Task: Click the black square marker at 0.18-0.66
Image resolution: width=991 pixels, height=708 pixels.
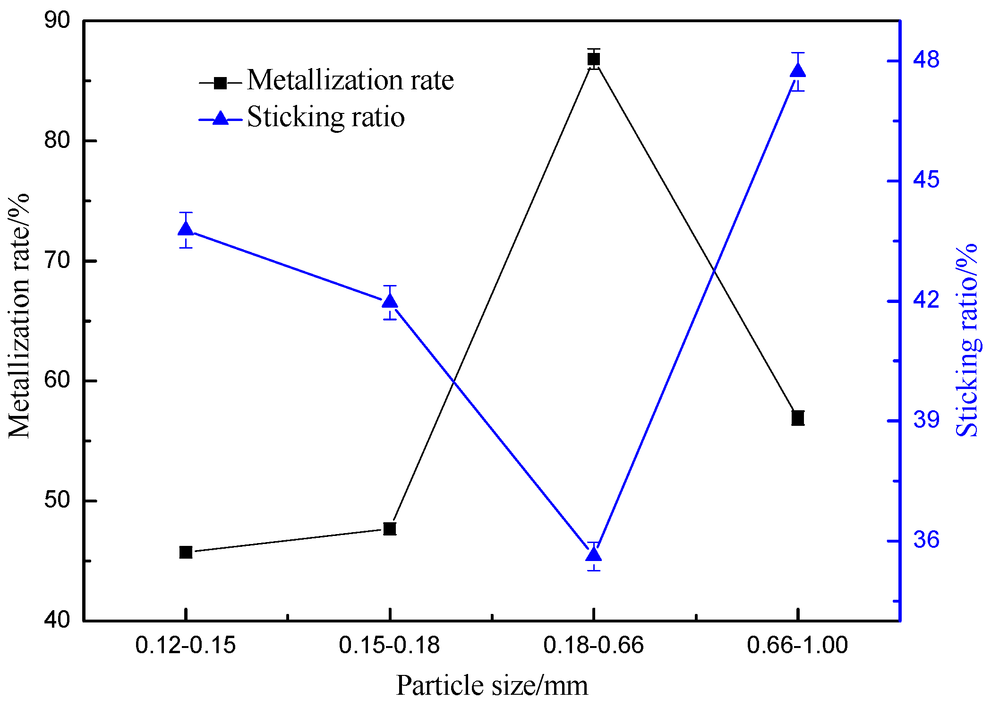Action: pos(594,59)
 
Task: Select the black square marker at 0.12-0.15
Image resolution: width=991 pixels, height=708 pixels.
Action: pos(186,552)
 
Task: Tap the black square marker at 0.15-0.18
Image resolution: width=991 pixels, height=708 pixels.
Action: pos(390,528)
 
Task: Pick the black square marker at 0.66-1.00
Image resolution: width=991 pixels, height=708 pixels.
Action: pos(798,418)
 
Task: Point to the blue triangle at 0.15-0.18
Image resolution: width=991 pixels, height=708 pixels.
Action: pos(390,301)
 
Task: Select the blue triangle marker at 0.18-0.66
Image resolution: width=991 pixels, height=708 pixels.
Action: pos(594,554)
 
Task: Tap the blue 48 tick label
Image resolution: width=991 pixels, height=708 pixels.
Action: pos(926,60)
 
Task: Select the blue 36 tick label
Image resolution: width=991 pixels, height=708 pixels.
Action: pos(926,540)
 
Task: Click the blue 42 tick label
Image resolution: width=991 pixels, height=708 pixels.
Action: pos(926,301)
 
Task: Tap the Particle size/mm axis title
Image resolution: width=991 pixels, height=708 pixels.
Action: pos(492,686)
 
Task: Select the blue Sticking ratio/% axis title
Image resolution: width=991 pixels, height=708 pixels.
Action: pos(966,340)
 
